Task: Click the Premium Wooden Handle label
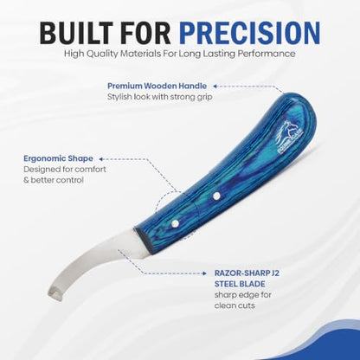point(157,86)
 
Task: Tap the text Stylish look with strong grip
point(160,97)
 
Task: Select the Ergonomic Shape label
point(58,158)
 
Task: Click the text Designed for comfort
point(65,169)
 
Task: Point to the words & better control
point(54,180)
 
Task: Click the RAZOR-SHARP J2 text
point(247,273)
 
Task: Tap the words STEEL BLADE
point(240,284)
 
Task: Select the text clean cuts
point(235,305)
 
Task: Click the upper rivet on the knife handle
point(216,196)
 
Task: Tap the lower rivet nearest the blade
point(175,223)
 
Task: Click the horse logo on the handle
point(287,138)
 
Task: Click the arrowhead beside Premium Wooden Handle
point(215,86)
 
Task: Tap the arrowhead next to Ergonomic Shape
point(100,158)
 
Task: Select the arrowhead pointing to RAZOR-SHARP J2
point(204,273)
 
